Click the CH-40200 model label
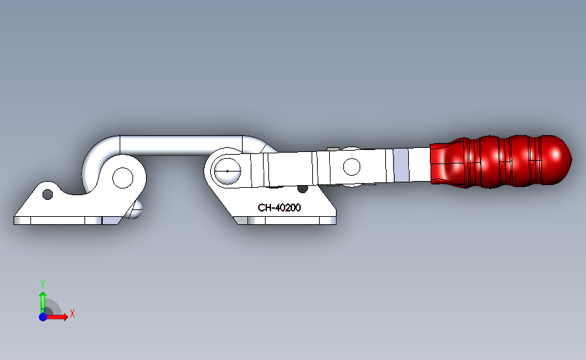click(x=278, y=208)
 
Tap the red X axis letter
click(x=72, y=313)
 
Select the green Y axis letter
click(x=42, y=284)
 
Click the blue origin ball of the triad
click(x=43, y=317)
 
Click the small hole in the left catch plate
click(x=47, y=195)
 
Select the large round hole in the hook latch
click(x=123, y=178)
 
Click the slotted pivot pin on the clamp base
click(x=227, y=172)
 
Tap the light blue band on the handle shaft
click(x=401, y=165)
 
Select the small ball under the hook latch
click(x=136, y=209)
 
